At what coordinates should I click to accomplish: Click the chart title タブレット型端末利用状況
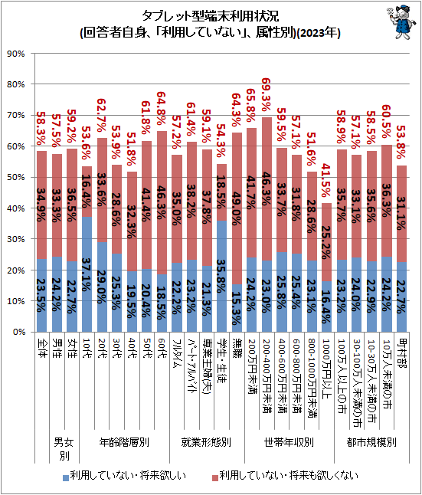210,15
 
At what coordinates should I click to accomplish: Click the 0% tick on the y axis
18,333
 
